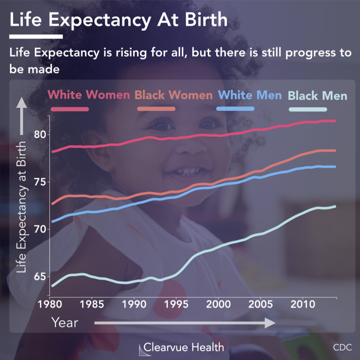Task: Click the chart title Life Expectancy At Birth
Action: (118, 20)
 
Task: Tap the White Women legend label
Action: (88, 95)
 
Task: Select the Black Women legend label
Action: (173, 95)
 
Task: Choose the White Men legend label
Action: (250, 95)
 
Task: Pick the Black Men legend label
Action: (317, 96)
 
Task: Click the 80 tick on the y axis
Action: (40, 134)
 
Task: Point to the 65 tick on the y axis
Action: (40, 277)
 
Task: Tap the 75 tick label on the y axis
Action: (40, 182)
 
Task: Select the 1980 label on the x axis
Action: (50, 304)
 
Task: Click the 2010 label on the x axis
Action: (303, 304)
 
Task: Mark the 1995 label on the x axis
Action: (176, 304)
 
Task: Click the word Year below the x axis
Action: (64, 323)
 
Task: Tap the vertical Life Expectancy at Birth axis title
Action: (21, 207)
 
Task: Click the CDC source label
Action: (342, 347)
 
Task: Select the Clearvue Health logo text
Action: (183, 347)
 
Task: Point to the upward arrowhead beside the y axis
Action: (21, 103)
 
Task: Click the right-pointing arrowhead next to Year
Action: (270, 323)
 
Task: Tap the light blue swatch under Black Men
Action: (307, 109)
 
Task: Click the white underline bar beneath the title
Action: (36, 37)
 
